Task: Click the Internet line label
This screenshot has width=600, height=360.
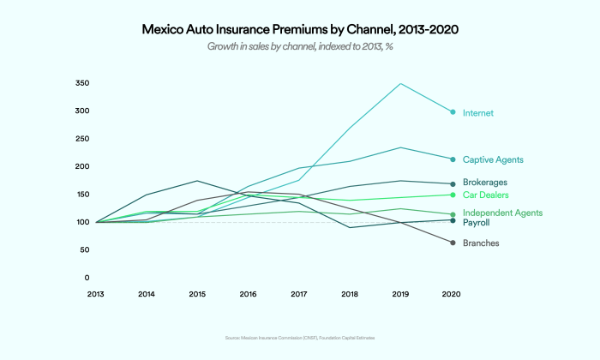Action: coord(477,113)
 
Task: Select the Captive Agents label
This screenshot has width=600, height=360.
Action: coord(493,160)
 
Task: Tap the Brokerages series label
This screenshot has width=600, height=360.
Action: coord(484,183)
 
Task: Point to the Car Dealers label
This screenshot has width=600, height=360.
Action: coord(485,195)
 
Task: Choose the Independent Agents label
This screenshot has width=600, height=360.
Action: coord(502,213)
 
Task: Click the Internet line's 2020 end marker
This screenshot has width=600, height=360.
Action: coord(453,112)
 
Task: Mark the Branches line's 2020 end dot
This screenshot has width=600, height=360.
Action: coord(453,243)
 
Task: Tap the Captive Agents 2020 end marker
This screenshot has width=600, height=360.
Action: coord(453,159)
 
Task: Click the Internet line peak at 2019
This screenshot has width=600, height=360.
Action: coord(400,84)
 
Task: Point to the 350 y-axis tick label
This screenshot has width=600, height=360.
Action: coord(82,83)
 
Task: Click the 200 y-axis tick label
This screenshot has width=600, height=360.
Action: coord(82,166)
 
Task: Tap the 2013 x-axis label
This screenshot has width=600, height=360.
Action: coord(96,295)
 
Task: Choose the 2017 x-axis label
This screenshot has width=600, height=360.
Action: coord(299,295)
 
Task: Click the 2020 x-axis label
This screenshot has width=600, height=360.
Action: coord(452,295)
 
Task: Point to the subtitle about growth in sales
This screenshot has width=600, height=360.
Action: coord(299,46)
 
